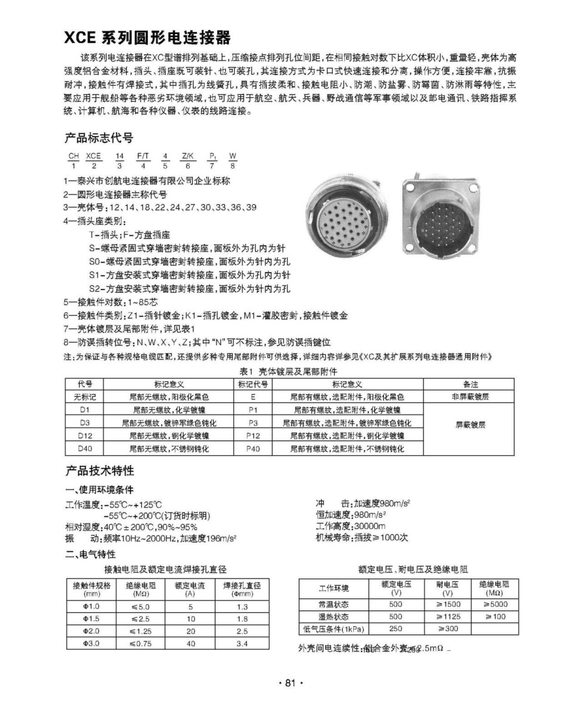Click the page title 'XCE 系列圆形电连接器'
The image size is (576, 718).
coord(147,38)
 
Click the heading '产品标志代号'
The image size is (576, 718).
coord(99,138)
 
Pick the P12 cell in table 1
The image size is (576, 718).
coord(253,436)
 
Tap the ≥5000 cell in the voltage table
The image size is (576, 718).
coord(495,604)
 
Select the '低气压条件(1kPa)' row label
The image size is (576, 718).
coord(334,629)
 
